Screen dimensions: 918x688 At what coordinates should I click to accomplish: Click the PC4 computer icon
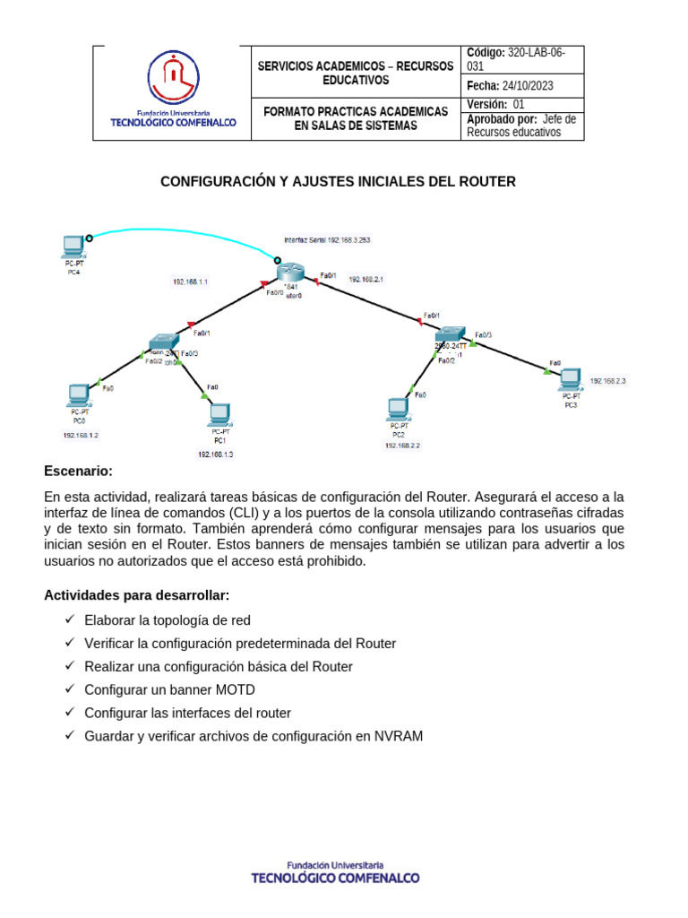[73, 245]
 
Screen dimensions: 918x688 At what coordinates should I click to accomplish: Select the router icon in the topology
[290, 273]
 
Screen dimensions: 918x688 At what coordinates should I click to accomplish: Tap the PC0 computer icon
[78, 394]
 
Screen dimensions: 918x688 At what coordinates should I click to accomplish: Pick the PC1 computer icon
[218, 415]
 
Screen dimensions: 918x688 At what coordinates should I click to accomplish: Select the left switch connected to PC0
[165, 342]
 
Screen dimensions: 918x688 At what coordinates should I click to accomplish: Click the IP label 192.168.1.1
[190, 281]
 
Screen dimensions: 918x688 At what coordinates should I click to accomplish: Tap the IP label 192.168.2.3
[607, 381]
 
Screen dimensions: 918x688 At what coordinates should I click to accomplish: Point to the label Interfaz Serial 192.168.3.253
[327, 240]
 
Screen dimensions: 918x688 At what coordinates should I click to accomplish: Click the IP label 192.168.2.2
[402, 445]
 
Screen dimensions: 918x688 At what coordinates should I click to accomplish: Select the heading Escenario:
[79, 472]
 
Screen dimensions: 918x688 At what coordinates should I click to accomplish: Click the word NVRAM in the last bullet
[401, 736]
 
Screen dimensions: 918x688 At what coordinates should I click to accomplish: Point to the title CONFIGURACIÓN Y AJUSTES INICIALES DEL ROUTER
[338, 182]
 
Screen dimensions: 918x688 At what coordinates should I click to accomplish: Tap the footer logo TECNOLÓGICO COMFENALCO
[335, 874]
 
